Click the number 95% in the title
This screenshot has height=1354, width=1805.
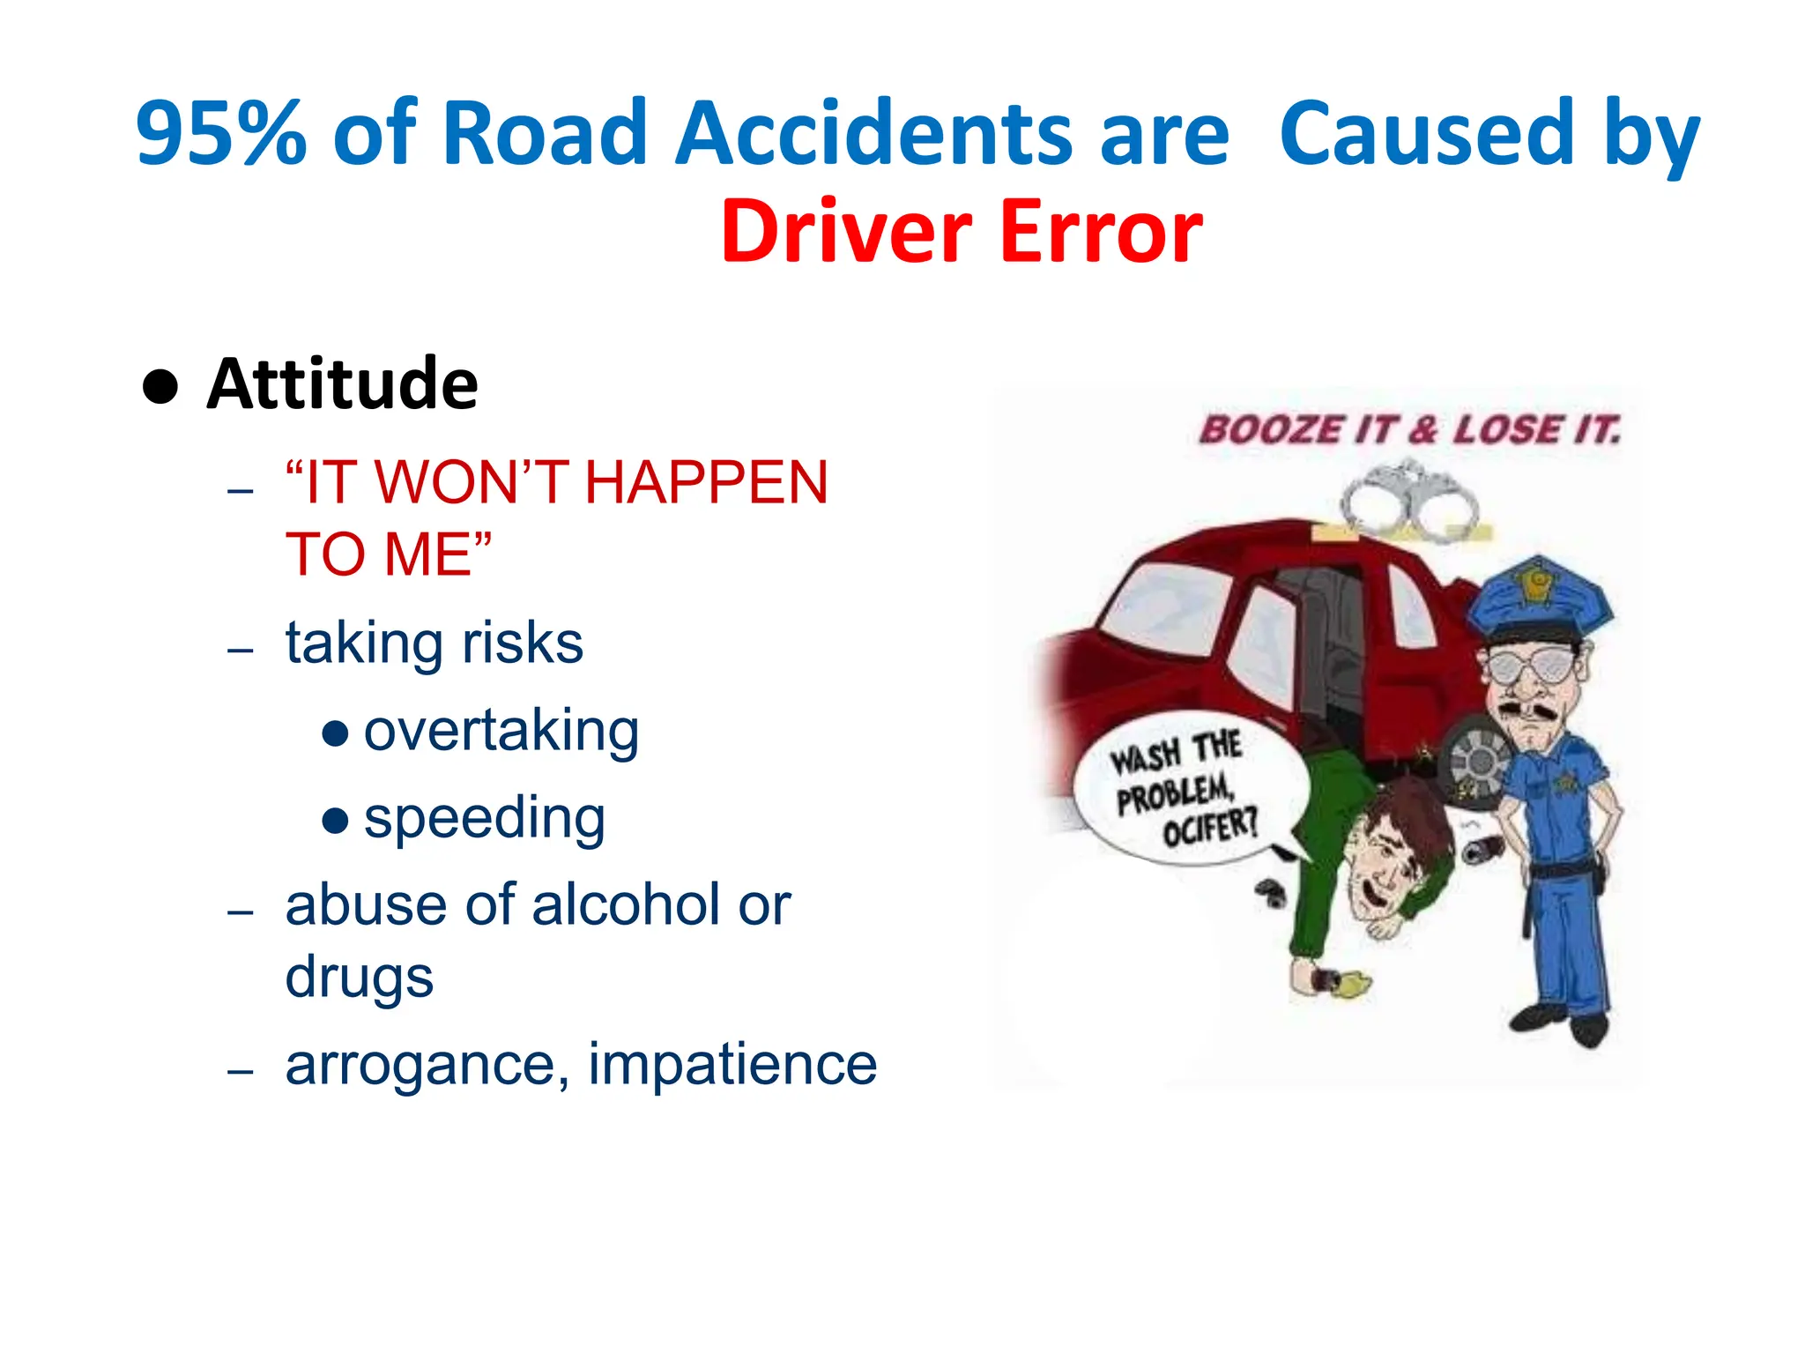220,134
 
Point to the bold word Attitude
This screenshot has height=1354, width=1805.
342,384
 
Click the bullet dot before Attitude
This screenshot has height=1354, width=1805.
160,386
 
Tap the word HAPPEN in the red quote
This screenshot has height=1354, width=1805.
706,483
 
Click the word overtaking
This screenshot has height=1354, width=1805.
501,732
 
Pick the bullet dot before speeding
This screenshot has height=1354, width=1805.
335,821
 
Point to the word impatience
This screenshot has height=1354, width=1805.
732,1063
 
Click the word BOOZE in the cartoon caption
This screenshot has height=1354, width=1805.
1269,430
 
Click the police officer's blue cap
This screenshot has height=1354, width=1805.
1539,599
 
